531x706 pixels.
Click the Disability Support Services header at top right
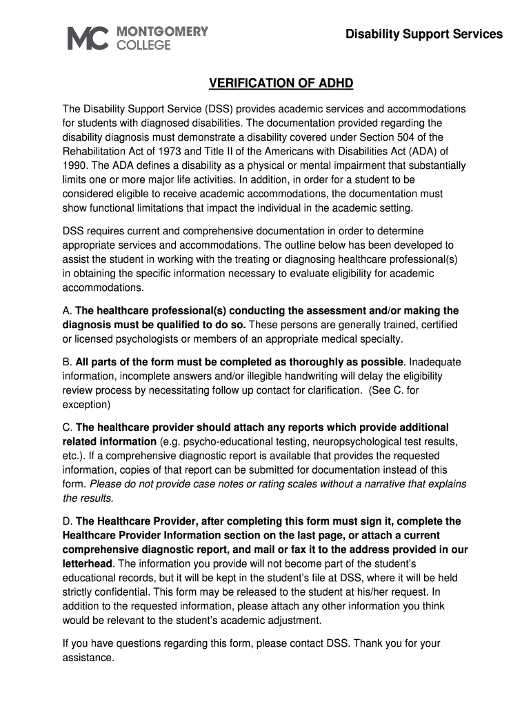click(x=423, y=34)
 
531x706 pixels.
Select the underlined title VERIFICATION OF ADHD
click(x=281, y=83)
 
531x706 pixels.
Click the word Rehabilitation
click(x=94, y=152)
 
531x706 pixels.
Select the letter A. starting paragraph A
click(x=68, y=311)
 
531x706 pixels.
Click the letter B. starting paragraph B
click(x=68, y=362)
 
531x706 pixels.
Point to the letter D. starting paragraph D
click(x=68, y=521)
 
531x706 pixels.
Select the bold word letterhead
click(x=88, y=563)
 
